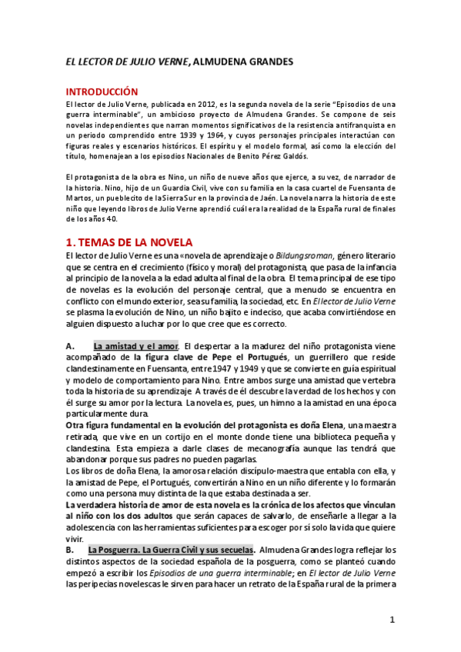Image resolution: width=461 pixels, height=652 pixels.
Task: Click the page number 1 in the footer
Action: point(392,620)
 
